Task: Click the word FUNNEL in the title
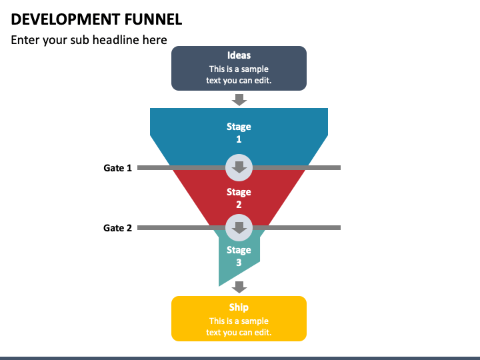coord(153,19)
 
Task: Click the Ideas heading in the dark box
coord(239,55)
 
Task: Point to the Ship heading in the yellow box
coord(239,307)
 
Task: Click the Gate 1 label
coord(117,168)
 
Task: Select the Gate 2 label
coord(117,228)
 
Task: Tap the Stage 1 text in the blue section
coord(239,133)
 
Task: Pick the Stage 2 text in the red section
coord(239,198)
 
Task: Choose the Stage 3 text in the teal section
coord(239,256)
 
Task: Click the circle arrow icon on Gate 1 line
coord(239,168)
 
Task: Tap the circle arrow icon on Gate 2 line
coord(239,228)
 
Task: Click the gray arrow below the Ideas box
coord(239,100)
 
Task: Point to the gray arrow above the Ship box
coord(239,287)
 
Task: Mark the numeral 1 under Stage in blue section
coord(239,139)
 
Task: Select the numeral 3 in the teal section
coord(239,263)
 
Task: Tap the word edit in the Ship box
coord(263,332)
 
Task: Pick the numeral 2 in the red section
coord(239,205)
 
